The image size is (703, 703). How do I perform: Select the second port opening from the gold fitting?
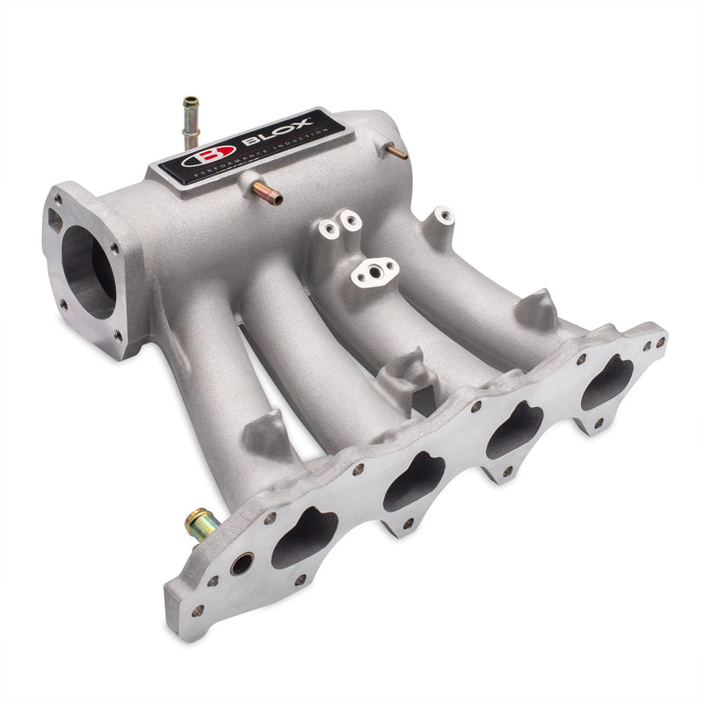tap(414, 481)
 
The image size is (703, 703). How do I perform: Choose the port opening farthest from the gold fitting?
tap(606, 383)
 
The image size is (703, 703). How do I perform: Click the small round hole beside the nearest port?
tap(242, 563)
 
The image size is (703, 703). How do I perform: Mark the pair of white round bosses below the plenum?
tap(340, 225)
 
